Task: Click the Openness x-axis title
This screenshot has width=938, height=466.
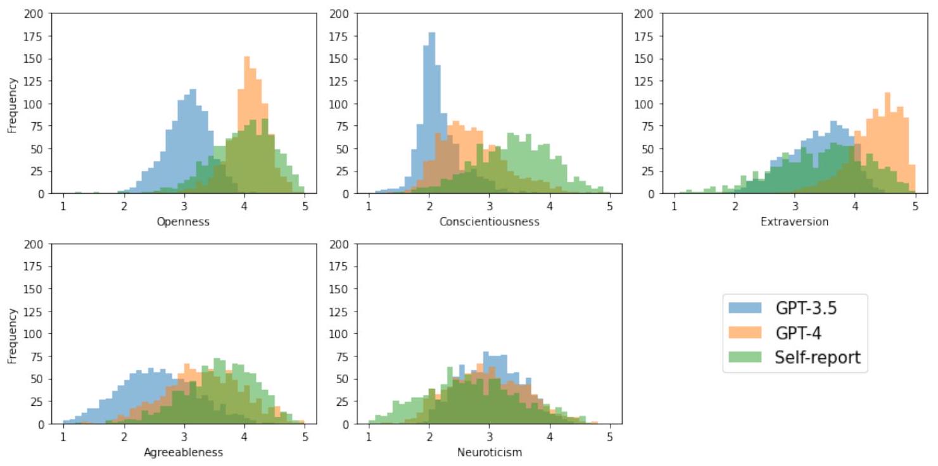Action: pyautogui.click(x=184, y=222)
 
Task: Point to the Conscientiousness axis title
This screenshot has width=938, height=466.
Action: pyautogui.click(x=490, y=222)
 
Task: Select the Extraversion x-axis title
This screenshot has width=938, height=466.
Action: pyautogui.click(x=795, y=222)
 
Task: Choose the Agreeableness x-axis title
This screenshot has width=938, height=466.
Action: pyautogui.click(x=184, y=452)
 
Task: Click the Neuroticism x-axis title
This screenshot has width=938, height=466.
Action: pyautogui.click(x=490, y=452)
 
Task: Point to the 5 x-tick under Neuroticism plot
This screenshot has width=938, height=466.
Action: pyautogui.click(x=610, y=437)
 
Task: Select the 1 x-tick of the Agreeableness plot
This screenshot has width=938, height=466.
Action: pyautogui.click(x=63, y=437)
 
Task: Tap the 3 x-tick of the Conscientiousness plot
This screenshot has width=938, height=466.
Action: pyautogui.click(x=490, y=206)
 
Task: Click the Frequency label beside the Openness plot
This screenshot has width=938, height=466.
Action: pyautogui.click(x=11, y=103)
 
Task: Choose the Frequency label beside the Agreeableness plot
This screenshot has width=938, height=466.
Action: pyautogui.click(x=11, y=334)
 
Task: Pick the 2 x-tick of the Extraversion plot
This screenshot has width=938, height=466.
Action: pyautogui.click(x=735, y=206)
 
